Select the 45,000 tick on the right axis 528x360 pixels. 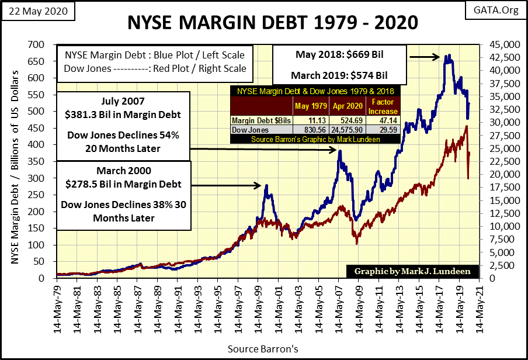[x=496, y=44]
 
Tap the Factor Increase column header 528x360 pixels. [x=383, y=106]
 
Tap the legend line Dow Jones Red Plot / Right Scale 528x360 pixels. [x=155, y=68]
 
